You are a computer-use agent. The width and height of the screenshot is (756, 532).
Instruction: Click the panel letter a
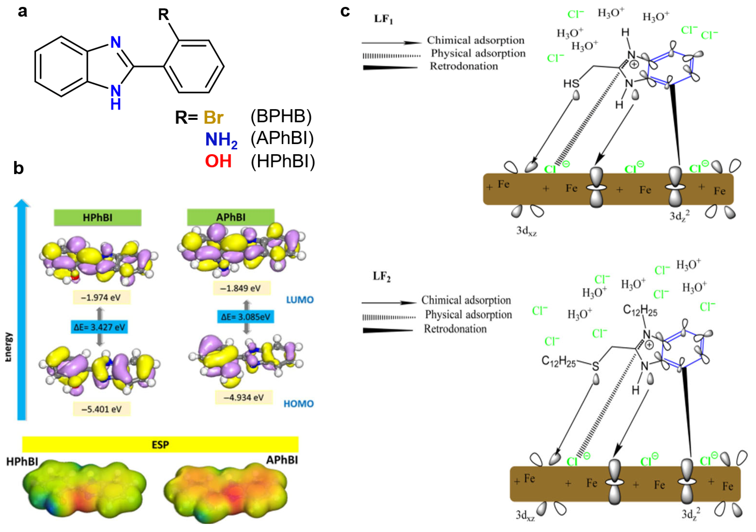(22, 12)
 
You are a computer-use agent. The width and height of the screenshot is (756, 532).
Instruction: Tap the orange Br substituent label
(213, 117)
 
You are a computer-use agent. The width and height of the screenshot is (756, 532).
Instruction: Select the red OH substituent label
(218, 161)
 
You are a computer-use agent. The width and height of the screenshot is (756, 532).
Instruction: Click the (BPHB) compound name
(281, 116)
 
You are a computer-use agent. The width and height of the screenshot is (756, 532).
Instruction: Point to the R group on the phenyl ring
(164, 14)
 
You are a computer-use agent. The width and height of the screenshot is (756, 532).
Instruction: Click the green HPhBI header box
(97, 218)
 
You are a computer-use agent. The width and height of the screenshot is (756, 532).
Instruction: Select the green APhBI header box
(230, 217)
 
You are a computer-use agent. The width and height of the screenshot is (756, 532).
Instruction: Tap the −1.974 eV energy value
(101, 298)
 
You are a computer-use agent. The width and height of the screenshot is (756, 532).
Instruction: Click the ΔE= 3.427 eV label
(99, 327)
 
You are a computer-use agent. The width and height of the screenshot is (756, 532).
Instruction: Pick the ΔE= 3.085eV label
(245, 317)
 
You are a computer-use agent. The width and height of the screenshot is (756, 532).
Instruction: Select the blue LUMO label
(300, 300)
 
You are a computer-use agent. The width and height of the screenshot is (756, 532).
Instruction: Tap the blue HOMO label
(298, 404)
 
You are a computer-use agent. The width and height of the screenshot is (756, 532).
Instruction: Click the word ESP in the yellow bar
(160, 445)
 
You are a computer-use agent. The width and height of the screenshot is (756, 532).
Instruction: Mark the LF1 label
(383, 19)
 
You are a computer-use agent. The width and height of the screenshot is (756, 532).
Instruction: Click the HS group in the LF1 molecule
(571, 84)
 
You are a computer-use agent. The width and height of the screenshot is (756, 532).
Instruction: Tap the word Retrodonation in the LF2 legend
(455, 329)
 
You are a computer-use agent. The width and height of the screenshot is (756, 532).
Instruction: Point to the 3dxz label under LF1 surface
(526, 231)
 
